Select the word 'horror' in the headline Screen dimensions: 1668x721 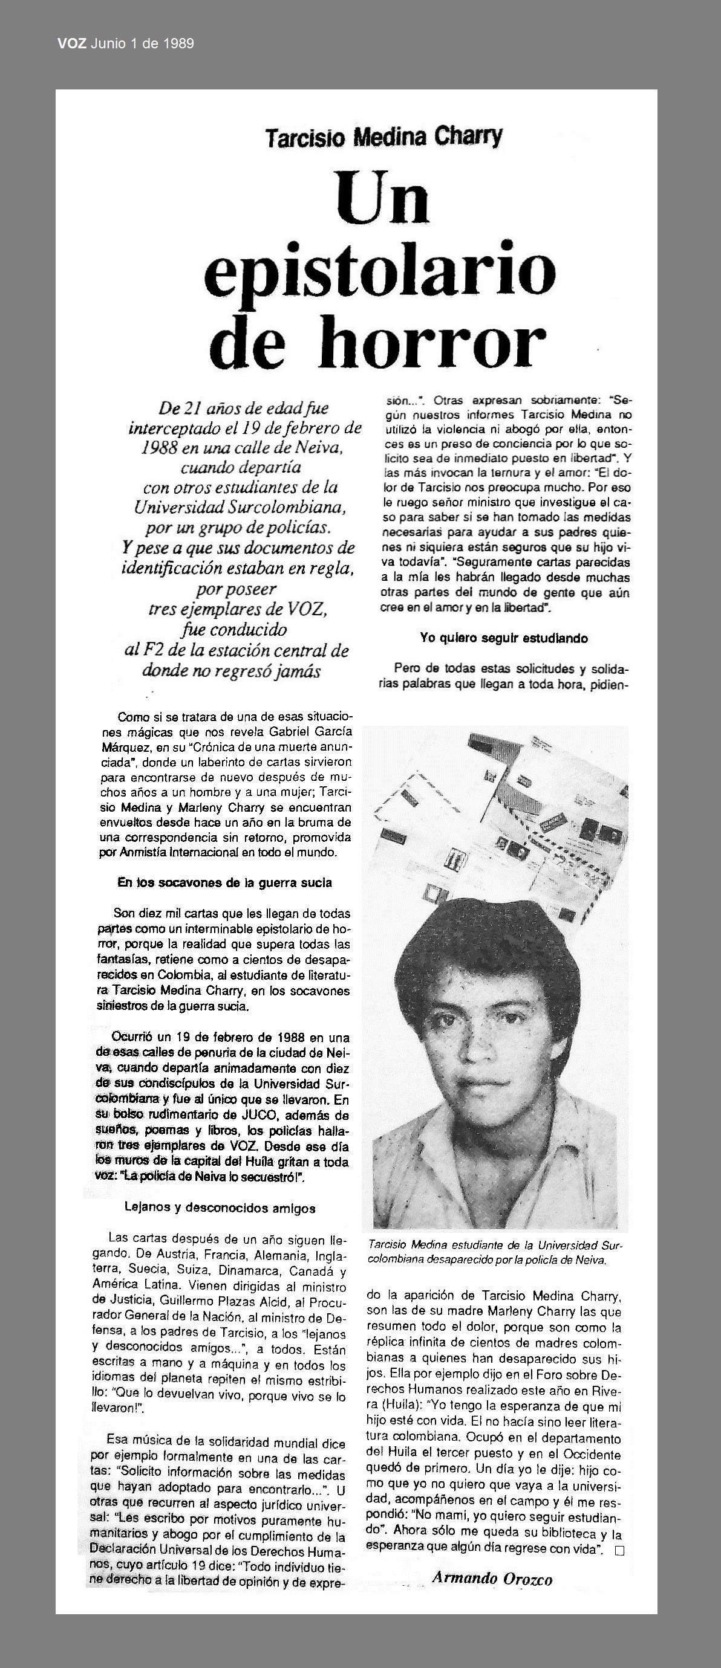point(432,343)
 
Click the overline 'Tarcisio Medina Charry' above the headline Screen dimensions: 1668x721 point(384,137)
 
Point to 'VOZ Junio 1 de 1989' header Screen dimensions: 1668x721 point(126,44)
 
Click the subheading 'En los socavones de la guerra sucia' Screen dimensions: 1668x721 point(225,882)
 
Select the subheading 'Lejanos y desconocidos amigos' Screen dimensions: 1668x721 point(220,1207)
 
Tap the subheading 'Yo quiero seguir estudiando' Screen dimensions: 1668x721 point(503,638)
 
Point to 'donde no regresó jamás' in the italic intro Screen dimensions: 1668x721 point(231,670)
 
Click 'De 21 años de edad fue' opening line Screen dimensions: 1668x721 point(244,409)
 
